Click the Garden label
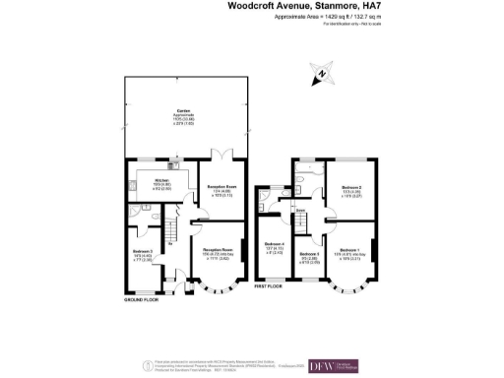pyautogui.click(x=183, y=111)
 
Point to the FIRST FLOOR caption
pyautogui.click(x=269, y=286)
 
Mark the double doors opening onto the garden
pyautogui.click(x=225, y=156)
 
